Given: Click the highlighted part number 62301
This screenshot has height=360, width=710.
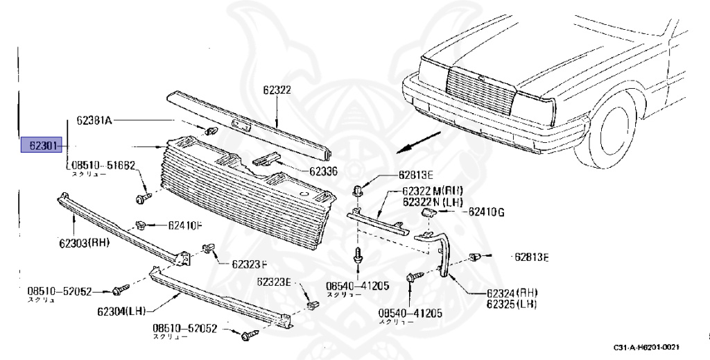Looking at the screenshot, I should point(42,146).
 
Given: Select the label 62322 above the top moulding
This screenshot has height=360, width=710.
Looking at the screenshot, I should point(277,89).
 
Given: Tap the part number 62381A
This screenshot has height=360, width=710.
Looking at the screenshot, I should point(94,120).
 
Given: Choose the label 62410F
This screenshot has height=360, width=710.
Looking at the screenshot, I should point(185,225).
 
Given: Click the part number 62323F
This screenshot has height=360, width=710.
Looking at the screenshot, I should point(249,264).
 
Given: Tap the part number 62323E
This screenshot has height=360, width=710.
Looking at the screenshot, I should point(275,282).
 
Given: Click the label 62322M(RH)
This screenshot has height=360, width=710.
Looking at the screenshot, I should point(433,191).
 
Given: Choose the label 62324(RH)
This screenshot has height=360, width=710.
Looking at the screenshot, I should point(512,293).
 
